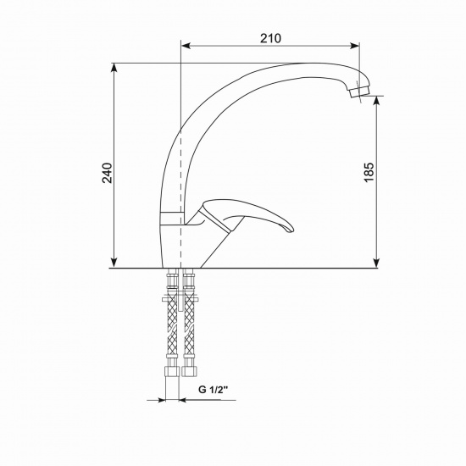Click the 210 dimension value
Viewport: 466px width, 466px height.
[270, 39]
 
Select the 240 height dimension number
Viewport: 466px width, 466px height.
[108, 173]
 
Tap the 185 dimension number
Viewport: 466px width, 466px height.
[369, 172]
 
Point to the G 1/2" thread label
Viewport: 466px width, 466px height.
[213, 390]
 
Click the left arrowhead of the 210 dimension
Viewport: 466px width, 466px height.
[186, 46]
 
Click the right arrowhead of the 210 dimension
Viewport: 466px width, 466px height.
[354, 46]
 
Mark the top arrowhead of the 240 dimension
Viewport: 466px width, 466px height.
[114, 68]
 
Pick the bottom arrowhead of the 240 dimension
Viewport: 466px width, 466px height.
[114, 263]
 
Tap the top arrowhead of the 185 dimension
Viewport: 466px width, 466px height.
[376, 101]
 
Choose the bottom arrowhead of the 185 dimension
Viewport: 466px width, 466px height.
[376, 263]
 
